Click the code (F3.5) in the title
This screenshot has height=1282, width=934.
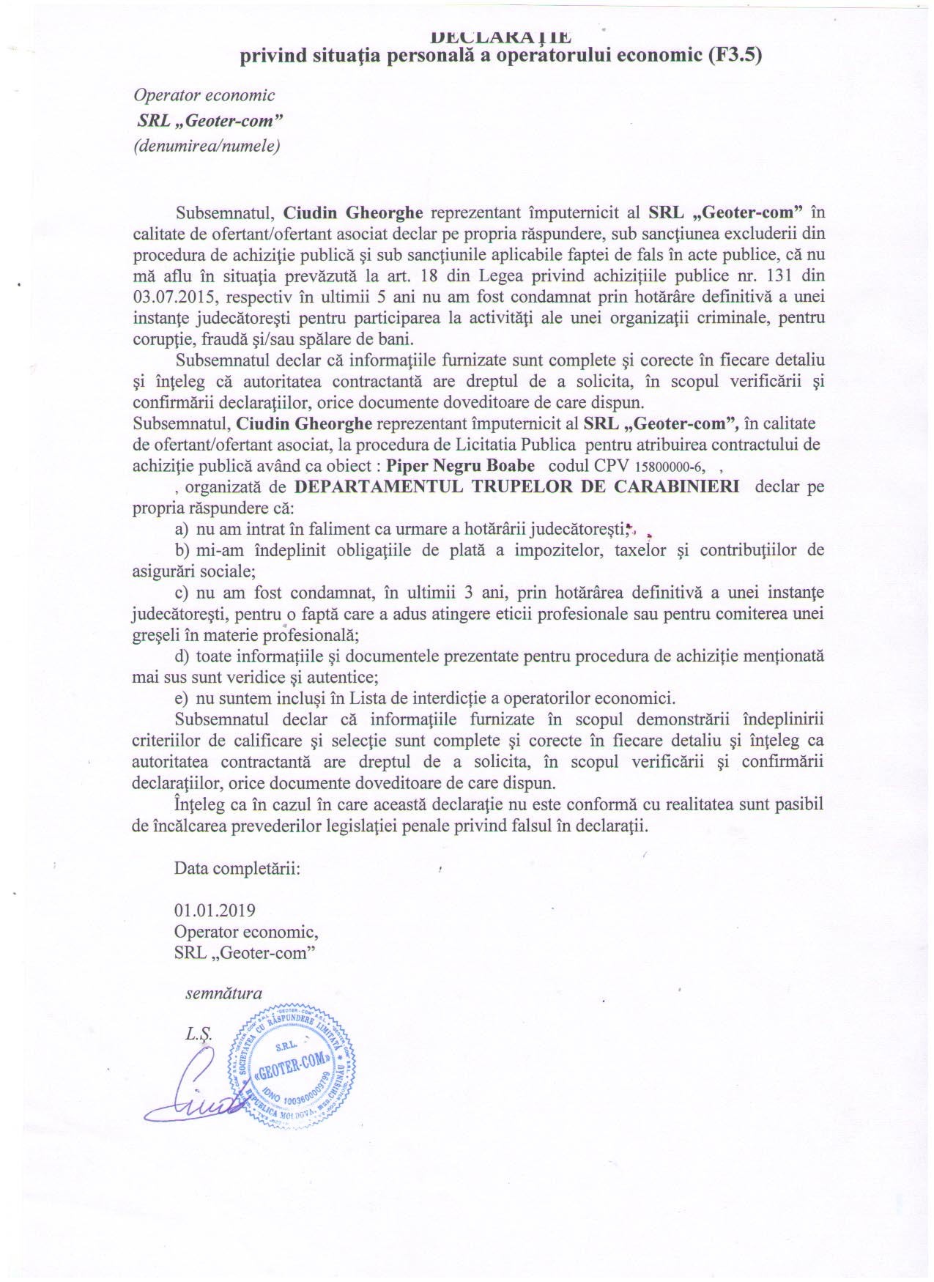tap(735, 56)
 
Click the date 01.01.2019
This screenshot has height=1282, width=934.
tap(215, 911)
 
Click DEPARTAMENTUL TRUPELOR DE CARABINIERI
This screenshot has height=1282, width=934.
tap(516, 487)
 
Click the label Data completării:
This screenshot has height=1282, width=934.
tap(237, 869)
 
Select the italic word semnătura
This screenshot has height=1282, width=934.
tap(223, 993)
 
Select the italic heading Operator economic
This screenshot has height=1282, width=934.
tap(204, 95)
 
